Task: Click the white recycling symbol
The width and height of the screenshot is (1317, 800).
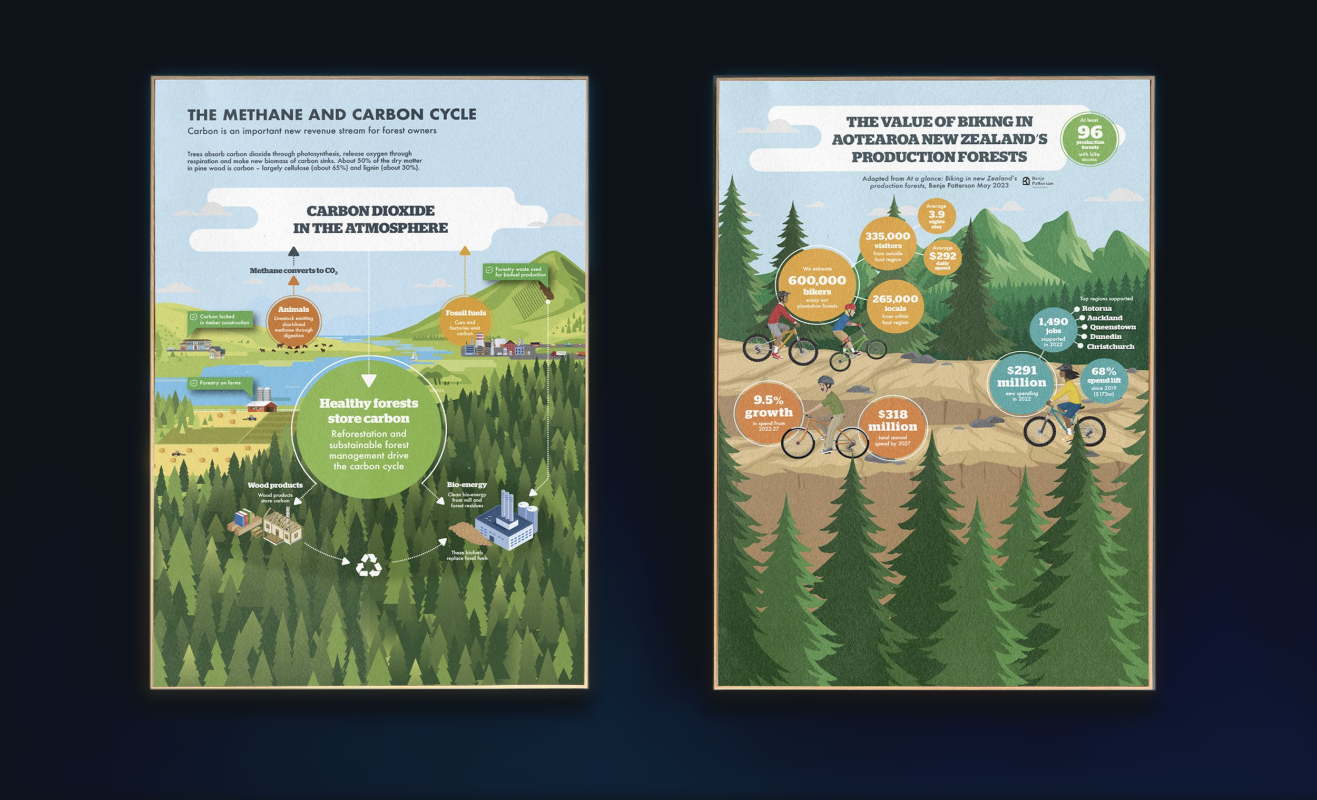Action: click(x=368, y=565)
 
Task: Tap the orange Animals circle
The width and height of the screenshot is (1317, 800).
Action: click(x=293, y=321)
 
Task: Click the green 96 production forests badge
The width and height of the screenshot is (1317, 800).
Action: click(x=1089, y=139)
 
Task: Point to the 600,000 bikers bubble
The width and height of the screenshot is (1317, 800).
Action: click(x=817, y=285)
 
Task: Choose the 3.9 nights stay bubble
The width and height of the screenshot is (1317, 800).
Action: click(x=937, y=216)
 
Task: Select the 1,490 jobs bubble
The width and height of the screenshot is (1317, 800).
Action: click(x=1053, y=330)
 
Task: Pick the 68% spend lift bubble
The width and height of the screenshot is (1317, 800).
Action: click(x=1104, y=380)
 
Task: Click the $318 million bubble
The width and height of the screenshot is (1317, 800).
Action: click(x=892, y=428)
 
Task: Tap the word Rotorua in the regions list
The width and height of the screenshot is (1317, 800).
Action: click(x=1096, y=308)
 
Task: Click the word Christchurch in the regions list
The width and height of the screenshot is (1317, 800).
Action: click(x=1110, y=347)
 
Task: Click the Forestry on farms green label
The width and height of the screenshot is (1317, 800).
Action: click(x=220, y=383)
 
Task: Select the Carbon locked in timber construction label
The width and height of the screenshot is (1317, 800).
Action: click(x=220, y=320)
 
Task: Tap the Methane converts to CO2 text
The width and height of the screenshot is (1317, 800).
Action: click(x=293, y=271)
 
